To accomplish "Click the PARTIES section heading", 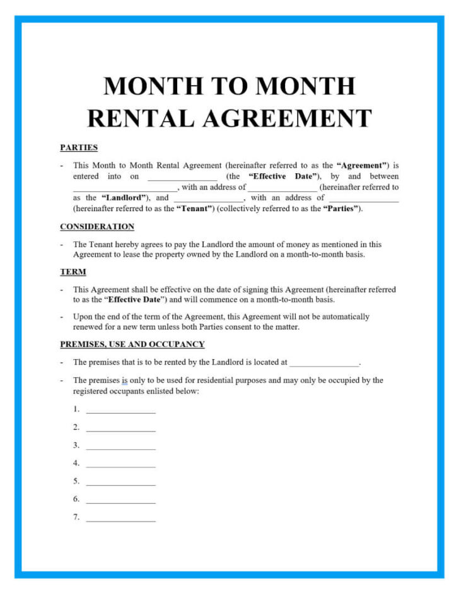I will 79,147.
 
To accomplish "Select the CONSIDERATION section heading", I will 97,227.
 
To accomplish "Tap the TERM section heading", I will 73,272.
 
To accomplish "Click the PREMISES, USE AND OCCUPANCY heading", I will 132,345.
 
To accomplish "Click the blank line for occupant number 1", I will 120,410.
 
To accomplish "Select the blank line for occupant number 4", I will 120,464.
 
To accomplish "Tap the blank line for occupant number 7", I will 120,518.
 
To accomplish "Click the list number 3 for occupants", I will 76,445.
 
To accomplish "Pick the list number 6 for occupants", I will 76,500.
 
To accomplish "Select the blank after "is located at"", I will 325,363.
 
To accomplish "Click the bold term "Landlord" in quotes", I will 124,198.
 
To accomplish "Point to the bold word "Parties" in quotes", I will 341,208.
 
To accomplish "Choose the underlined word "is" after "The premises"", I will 124,380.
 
